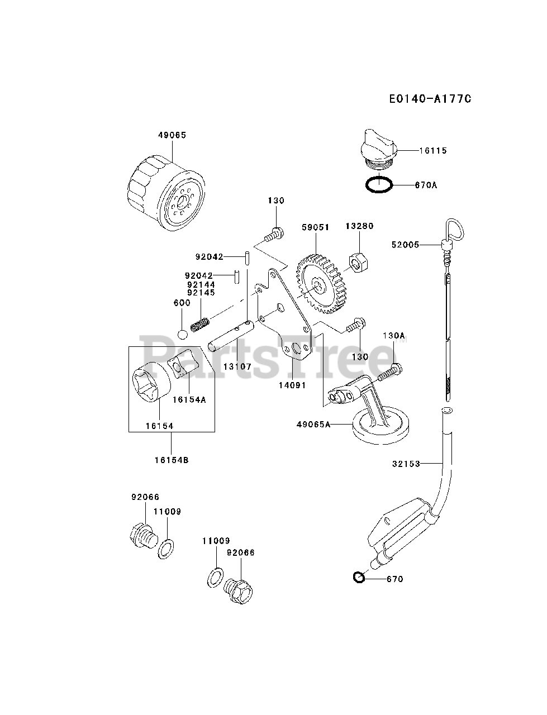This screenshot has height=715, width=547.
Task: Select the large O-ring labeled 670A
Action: [379, 184]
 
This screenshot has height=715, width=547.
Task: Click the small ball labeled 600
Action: [183, 334]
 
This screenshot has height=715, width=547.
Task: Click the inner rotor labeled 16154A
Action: [185, 363]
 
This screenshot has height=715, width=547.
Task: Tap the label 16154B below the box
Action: [172, 460]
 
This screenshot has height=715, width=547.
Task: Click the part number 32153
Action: [404, 464]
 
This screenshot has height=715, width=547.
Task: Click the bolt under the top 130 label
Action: [273, 235]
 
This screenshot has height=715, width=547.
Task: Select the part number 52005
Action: [406, 244]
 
